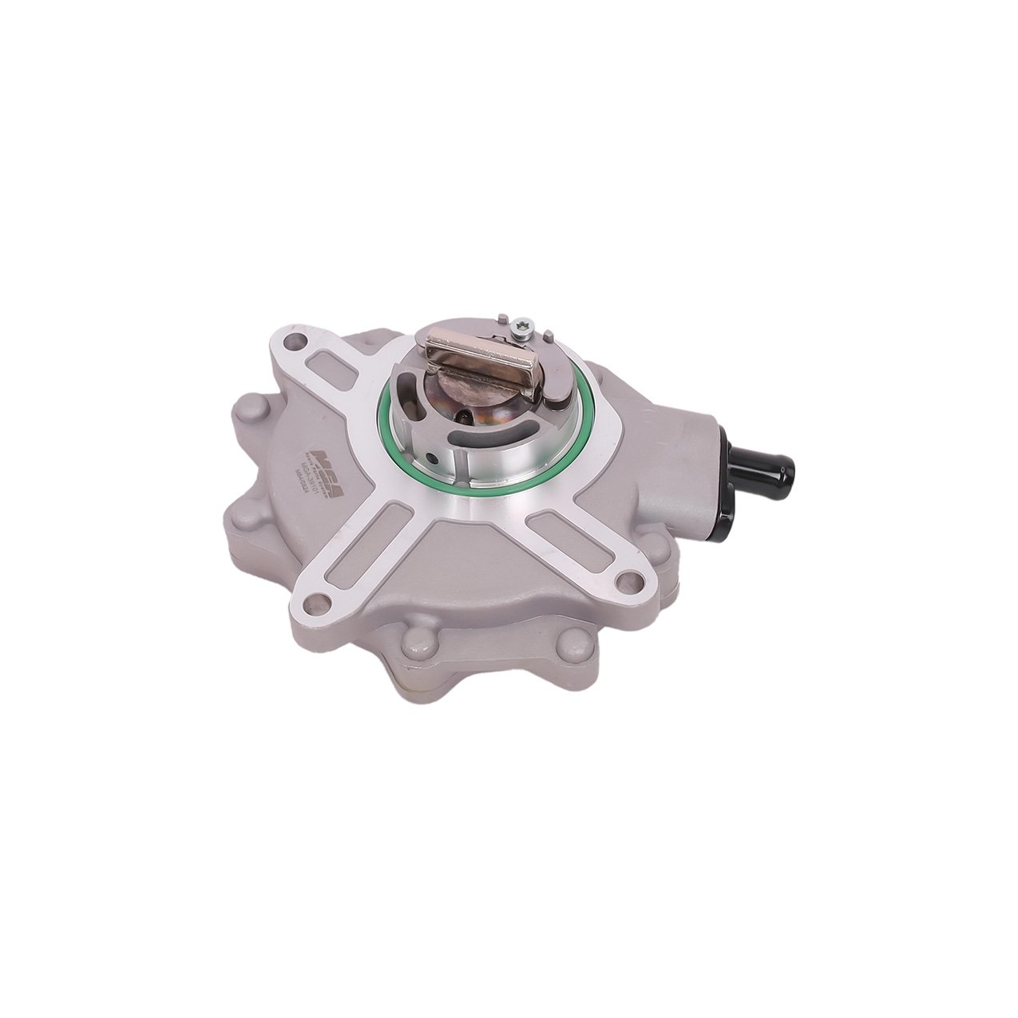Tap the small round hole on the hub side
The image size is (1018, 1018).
432,461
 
